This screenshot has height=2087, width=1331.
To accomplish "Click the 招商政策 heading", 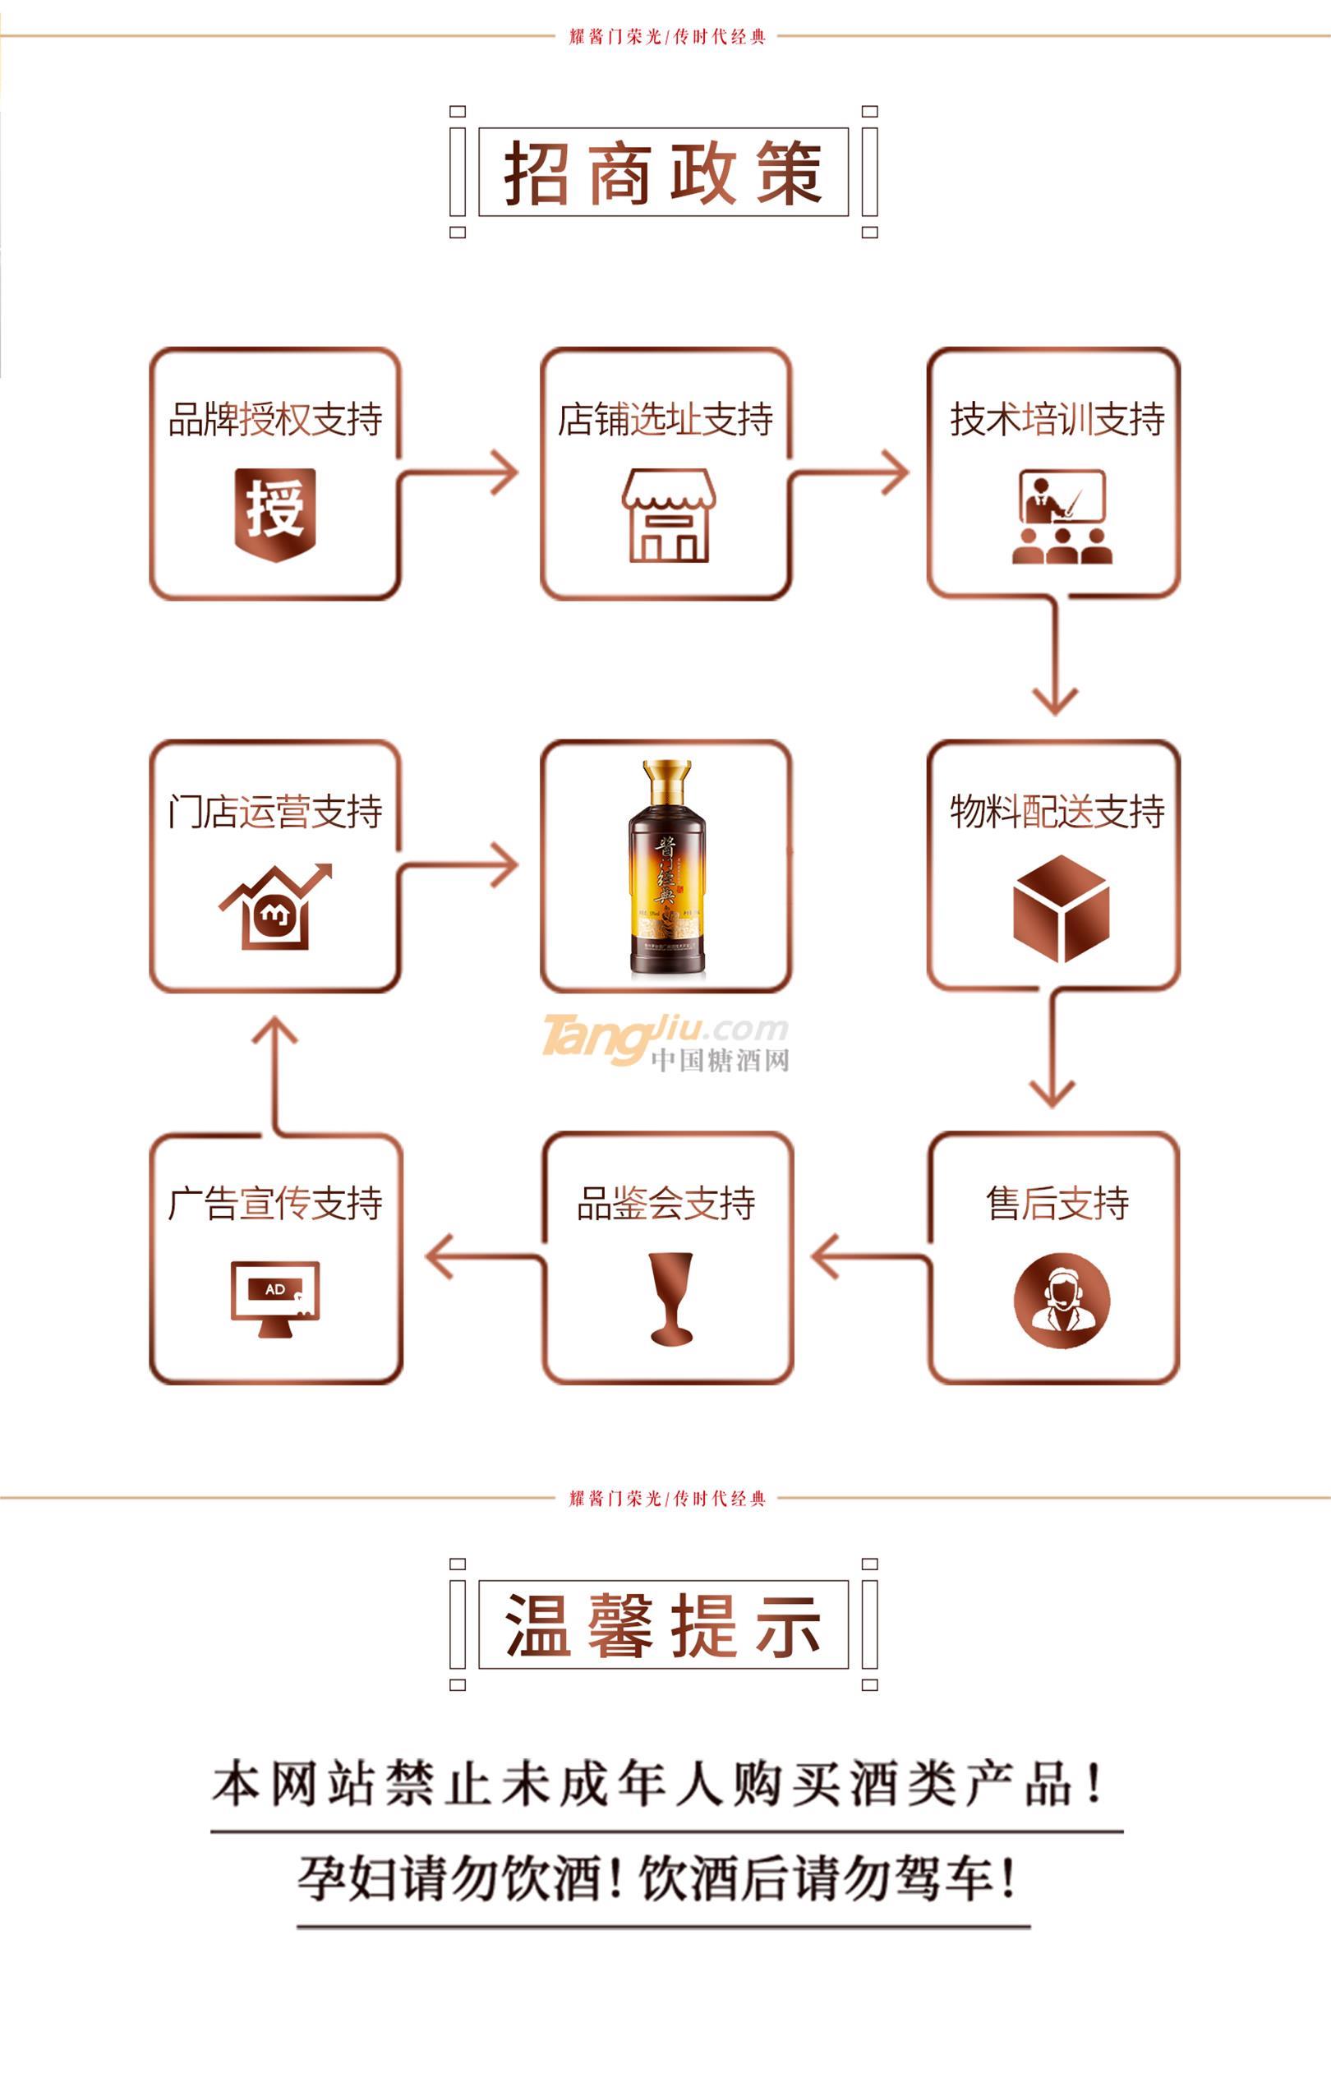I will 664,173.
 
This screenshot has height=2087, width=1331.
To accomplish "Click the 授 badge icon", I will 275,513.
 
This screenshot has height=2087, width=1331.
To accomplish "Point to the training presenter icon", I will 1062,517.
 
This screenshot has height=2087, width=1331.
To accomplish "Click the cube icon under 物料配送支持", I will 1061,908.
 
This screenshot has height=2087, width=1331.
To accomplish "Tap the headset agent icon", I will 1062,1300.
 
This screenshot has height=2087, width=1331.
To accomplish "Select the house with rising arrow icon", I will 275,907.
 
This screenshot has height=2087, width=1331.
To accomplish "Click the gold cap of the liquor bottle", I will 666,779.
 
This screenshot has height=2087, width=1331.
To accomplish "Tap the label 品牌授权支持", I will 275,420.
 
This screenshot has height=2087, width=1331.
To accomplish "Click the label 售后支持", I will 1057,1203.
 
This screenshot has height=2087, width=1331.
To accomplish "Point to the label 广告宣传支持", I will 275,1203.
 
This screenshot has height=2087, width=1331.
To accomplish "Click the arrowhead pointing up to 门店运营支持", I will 274,1031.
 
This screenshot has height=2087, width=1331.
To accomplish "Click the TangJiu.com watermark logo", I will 665,1043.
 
